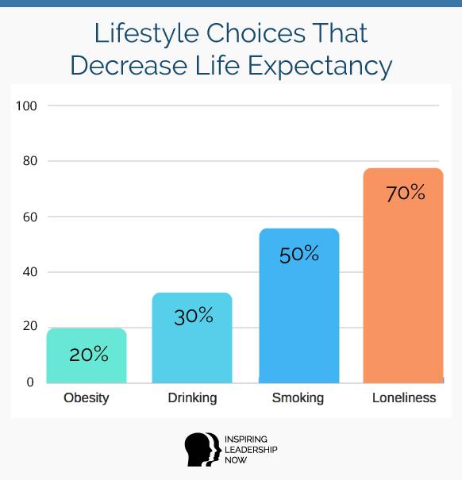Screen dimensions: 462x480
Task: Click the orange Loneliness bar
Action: pyautogui.click(x=403, y=275)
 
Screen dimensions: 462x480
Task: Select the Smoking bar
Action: pyautogui.click(x=299, y=305)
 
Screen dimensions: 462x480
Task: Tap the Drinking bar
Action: pyautogui.click(x=192, y=338)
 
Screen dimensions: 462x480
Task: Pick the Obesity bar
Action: pyautogui.click(x=87, y=355)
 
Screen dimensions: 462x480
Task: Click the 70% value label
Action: pyautogui.click(x=406, y=193)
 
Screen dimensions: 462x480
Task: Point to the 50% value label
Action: pyautogui.click(x=299, y=254)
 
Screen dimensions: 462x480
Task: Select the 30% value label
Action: pyautogui.click(x=194, y=316)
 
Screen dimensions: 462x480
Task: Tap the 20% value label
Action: pyautogui.click(x=89, y=354)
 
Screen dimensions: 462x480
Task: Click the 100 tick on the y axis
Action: pyautogui.click(x=26, y=106)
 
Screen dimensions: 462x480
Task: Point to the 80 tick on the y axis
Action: pyautogui.click(x=29, y=161)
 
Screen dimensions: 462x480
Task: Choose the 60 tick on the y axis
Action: pyautogui.click(x=29, y=217)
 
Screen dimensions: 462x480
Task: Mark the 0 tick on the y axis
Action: pyautogui.click(x=30, y=382)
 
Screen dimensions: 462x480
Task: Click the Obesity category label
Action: pyautogui.click(x=87, y=398)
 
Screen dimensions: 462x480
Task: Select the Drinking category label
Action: pyautogui.click(x=192, y=398)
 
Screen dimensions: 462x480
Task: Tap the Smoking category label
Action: pyautogui.click(x=298, y=398)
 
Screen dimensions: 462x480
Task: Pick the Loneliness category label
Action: pyautogui.click(x=404, y=397)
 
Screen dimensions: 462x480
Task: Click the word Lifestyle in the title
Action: pyautogui.click(x=147, y=33)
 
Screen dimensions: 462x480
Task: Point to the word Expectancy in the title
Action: pyautogui.click(x=320, y=66)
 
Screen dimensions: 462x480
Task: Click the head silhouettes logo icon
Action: pyautogui.click(x=202, y=449)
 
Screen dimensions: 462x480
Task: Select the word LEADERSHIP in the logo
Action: pyautogui.click(x=251, y=449)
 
